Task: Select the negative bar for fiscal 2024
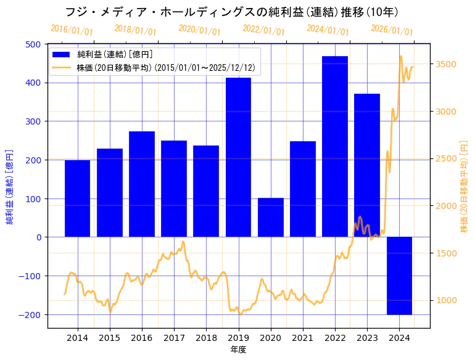(x=399, y=276)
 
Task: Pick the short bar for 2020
(x=271, y=217)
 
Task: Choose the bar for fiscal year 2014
(x=78, y=198)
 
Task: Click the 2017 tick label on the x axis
(x=174, y=338)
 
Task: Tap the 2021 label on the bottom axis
(x=303, y=338)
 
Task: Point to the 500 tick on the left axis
(x=35, y=44)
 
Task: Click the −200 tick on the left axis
(x=31, y=314)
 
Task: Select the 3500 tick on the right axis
(x=447, y=64)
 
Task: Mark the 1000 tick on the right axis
(x=447, y=300)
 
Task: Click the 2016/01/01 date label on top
(x=72, y=30)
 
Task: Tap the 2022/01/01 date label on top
(x=264, y=30)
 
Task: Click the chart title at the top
(x=231, y=12)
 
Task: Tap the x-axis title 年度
(x=238, y=350)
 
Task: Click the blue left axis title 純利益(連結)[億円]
(x=10, y=186)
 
